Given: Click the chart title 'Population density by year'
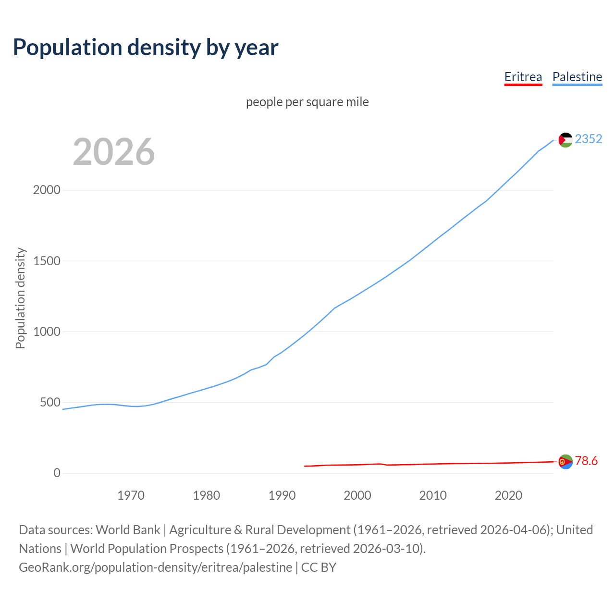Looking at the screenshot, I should coord(146,48).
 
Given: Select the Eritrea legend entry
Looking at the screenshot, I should coord(523,77).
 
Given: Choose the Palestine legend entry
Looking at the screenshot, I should coord(577,77).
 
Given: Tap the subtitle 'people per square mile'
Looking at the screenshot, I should coord(307,102).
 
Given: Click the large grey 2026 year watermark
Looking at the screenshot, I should coord(114,152).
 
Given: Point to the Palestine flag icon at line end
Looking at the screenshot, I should coord(566,140).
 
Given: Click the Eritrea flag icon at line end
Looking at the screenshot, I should coord(566,461).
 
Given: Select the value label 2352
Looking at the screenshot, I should coord(588,139).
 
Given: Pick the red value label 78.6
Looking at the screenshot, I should coord(586,461).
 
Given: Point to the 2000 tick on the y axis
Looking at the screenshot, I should coord(47,190).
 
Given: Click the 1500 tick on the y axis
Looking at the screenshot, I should coord(47,261).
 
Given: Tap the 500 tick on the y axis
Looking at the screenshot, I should coord(50,402).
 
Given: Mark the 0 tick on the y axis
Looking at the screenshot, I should coord(57,473).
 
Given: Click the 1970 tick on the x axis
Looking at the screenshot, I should coord(131,495).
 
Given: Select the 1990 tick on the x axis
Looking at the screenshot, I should coord(282,495).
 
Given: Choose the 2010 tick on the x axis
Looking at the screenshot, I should coord(433,495).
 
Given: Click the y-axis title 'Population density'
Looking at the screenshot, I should coord(20,298).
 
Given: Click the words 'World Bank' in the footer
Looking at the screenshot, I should coord(128,530).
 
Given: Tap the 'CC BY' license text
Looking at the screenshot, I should coord(319,567).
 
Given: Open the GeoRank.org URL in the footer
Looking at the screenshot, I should coord(155,567).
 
